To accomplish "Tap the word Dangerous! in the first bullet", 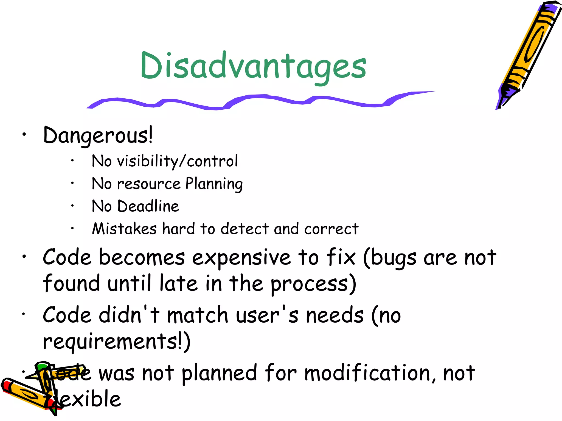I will click(x=98, y=135).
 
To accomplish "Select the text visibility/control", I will click(x=177, y=161).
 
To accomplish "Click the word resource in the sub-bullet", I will click(x=149, y=184).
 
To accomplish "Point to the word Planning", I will click(x=214, y=184).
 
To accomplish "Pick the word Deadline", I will click(x=148, y=206).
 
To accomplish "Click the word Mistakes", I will click(x=124, y=229).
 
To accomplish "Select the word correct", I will click(x=331, y=229).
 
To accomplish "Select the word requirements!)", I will click(x=117, y=342).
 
